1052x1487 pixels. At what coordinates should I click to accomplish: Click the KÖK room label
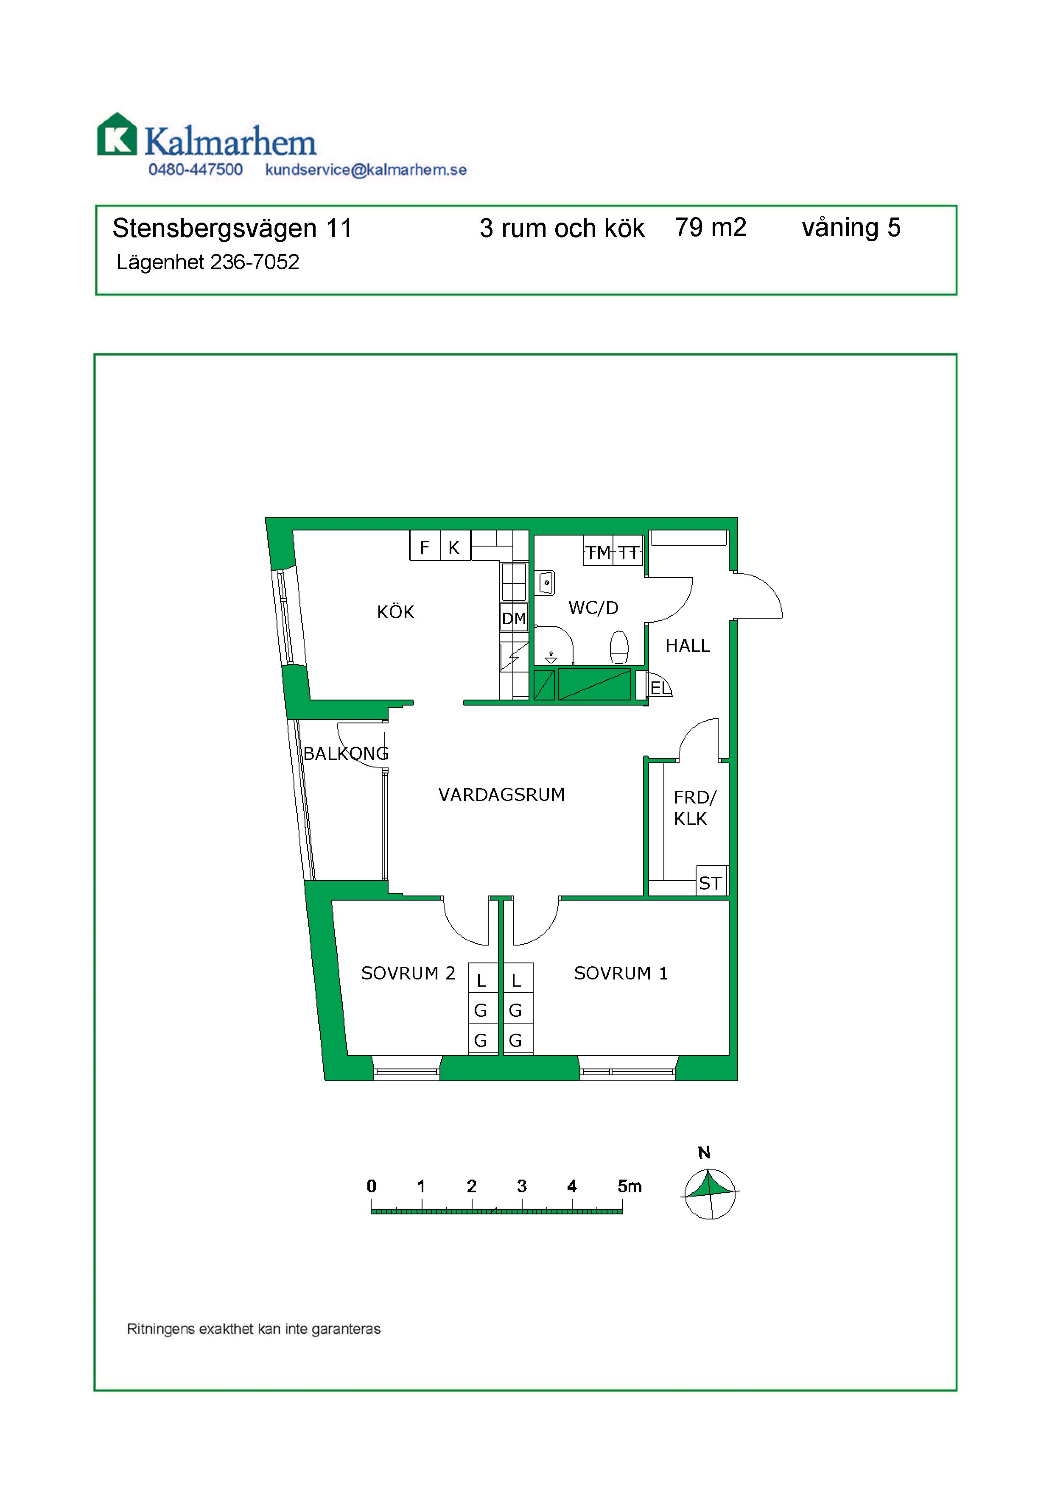pos(395,612)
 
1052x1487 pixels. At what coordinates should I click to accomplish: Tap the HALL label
pos(687,646)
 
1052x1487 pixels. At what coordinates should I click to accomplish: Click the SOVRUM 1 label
pos(621,974)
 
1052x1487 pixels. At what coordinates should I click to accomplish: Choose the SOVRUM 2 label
pos(408,974)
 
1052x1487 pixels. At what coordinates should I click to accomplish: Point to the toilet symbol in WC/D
pos(619,647)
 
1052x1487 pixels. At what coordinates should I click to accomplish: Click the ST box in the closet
pos(711,883)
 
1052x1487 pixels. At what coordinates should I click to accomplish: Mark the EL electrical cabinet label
pos(660,688)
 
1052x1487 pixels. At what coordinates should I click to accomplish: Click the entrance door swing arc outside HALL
pos(764,593)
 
